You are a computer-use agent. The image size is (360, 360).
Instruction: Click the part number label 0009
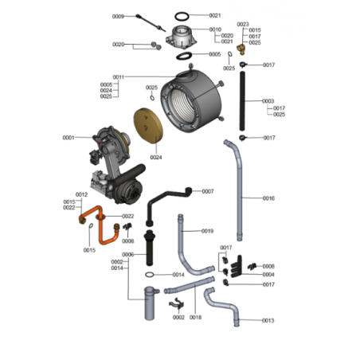pos(118,17)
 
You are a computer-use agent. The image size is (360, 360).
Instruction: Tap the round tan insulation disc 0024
pos(148,126)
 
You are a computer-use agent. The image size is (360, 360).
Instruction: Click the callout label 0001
pos(68,138)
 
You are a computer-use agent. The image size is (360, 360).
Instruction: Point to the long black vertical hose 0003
pos(242,101)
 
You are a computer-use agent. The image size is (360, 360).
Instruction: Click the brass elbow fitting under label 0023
pos(241,49)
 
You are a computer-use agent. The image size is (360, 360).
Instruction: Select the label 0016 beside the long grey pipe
pos(268,198)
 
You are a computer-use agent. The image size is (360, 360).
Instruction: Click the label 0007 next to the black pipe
pos(208,191)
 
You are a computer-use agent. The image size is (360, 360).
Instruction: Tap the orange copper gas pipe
pos(100,225)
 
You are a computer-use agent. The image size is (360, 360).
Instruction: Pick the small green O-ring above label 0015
pos(91,225)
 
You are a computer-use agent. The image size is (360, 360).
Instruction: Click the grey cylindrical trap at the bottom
pos(150,303)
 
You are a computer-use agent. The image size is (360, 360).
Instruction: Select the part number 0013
pos(268,320)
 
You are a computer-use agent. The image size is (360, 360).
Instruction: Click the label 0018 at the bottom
pos(195,317)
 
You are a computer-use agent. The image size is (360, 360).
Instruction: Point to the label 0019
pos(207,231)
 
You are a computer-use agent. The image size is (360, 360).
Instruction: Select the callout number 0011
pos(119,77)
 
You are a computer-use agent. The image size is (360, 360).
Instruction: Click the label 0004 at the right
pos(268,274)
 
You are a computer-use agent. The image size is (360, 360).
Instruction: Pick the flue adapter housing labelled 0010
pos(182,37)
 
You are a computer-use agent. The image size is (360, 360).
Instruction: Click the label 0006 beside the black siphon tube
pos(127,254)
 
